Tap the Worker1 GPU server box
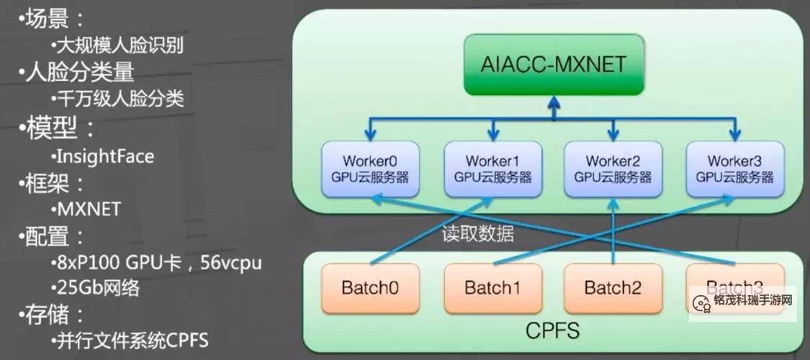492,168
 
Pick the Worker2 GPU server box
613,168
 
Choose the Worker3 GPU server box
734,168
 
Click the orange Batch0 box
370,289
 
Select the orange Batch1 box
492,289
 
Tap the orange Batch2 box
613,289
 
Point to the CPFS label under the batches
552,331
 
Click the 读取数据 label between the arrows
478,235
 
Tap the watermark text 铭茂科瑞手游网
753,300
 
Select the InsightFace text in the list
104,156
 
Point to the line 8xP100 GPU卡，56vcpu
156,263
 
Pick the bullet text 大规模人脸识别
118,47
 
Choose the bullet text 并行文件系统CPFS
130,341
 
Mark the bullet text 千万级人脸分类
118,99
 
